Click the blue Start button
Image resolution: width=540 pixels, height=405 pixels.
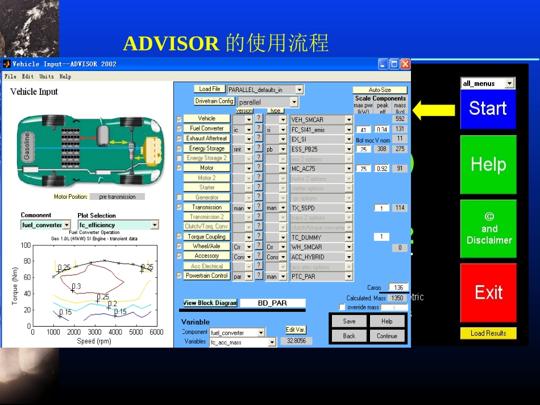[x=488, y=108]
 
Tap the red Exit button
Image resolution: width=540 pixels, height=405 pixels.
[x=488, y=293]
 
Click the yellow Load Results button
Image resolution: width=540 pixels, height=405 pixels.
[x=488, y=333]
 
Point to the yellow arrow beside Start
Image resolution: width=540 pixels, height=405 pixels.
[x=433, y=109]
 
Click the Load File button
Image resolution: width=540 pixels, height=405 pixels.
[x=210, y=89]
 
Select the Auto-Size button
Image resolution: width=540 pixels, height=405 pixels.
[x=380, y=90]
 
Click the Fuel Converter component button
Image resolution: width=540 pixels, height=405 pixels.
[x=207, y=128]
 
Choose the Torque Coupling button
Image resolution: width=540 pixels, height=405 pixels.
[x=207, y=237]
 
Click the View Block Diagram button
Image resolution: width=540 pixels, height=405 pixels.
[x=210, y=303]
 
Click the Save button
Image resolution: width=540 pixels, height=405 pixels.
[x=350, y=321]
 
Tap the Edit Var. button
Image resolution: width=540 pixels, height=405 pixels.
[x=296, y=329]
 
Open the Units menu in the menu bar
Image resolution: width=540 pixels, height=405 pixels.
[x=47, y=76]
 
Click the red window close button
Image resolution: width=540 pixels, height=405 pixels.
[x=405, y=64]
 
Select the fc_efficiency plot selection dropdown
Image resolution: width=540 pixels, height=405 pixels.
[x=118, y=225]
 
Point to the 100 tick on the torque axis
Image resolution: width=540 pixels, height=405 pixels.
[x=26, y=245]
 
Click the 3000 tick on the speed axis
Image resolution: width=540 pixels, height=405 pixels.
[x=94, y=332]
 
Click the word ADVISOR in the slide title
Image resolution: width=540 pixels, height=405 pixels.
[x=171, y=44]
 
